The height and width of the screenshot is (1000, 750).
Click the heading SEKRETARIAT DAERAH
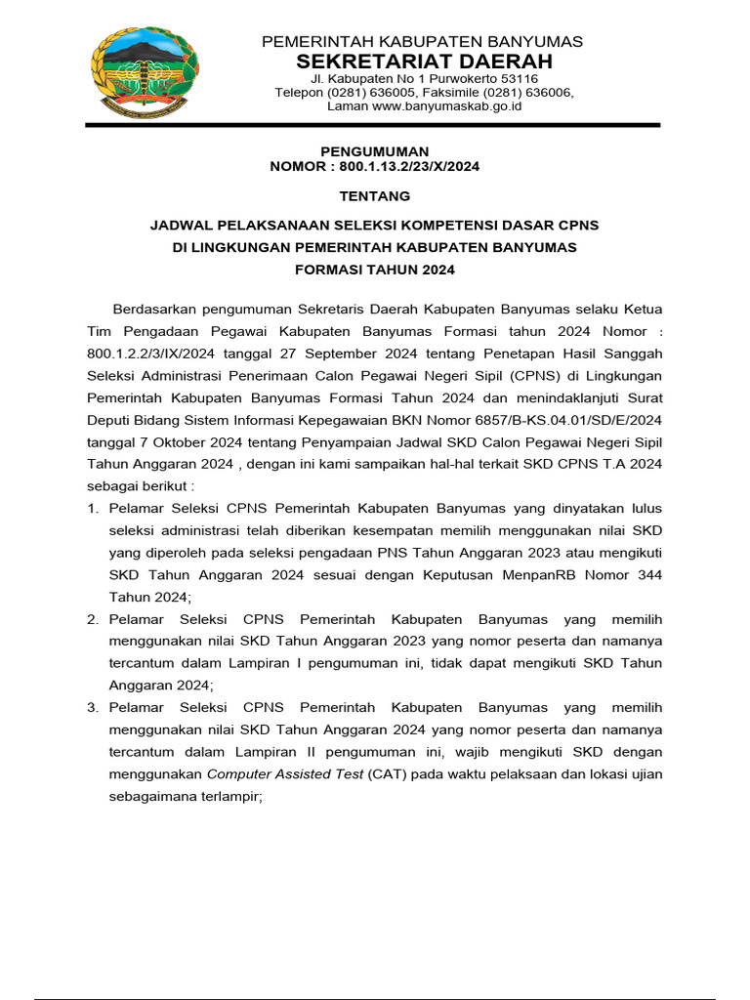point(421,61)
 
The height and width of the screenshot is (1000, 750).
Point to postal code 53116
point(516,78)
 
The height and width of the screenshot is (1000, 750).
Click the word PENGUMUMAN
point(375,151)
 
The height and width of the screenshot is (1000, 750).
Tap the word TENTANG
point(375,196)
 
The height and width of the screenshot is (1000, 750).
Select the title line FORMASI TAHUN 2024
point(375,270)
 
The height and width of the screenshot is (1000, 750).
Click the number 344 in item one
point(647,574)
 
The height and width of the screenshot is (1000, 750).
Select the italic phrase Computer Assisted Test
point(285,774)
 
